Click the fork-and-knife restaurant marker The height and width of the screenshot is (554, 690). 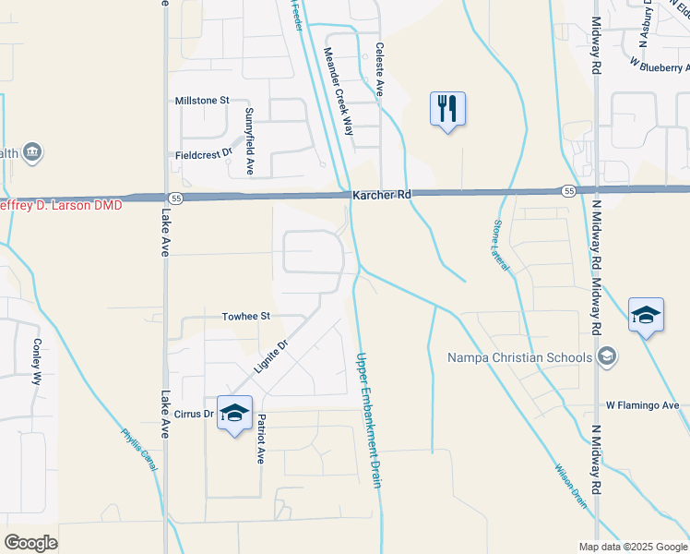point(447,109)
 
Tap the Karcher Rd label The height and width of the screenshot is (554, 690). point(381,195)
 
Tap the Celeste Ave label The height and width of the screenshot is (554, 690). point(378,69)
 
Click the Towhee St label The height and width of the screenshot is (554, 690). point(245,316)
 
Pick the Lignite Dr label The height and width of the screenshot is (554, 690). point(271,356)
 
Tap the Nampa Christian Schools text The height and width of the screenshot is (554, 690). point(519,357)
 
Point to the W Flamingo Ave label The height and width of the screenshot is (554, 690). point(642,405)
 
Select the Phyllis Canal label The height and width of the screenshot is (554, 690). point(138,450)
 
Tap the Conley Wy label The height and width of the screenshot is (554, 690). point(38,361)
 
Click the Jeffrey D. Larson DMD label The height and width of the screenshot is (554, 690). point(59,205)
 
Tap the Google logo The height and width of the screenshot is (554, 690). point(30,543)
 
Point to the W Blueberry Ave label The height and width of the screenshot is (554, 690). point(660,65)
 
